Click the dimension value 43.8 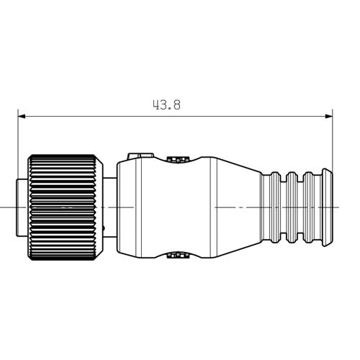click(x=166, y=104)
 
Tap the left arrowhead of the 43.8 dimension click(x=22, y=114)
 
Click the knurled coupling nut click(x=64, y=207)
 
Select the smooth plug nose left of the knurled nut click(x=22, y=207)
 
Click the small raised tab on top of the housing click(x=139, y=155)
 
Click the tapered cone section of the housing click(x=234, y=207)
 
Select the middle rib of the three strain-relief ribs click(x=293, y=207)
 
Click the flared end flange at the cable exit click(x=326, y=207)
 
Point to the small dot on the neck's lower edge click(x=104, y=229)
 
